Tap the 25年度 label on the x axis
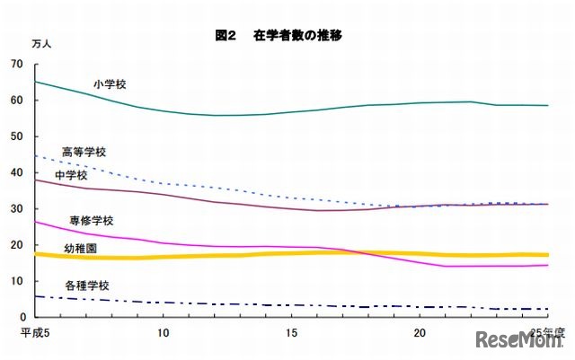(547, 332)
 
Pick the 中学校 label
(72, 175)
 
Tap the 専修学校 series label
(92, 221)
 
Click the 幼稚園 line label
(81, 246)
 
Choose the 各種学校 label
(87, 285)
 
